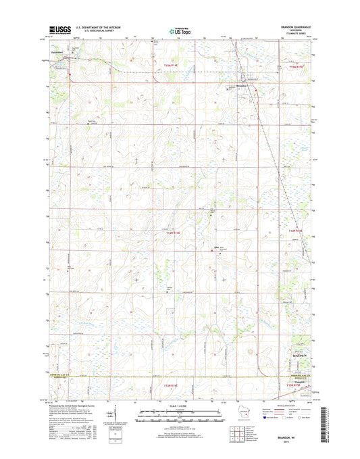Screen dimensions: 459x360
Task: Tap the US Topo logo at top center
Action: pyautogui.click(x=180, y=29)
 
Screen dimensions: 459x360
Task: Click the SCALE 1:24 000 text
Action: pyautogui.click(x=180, y=406)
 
